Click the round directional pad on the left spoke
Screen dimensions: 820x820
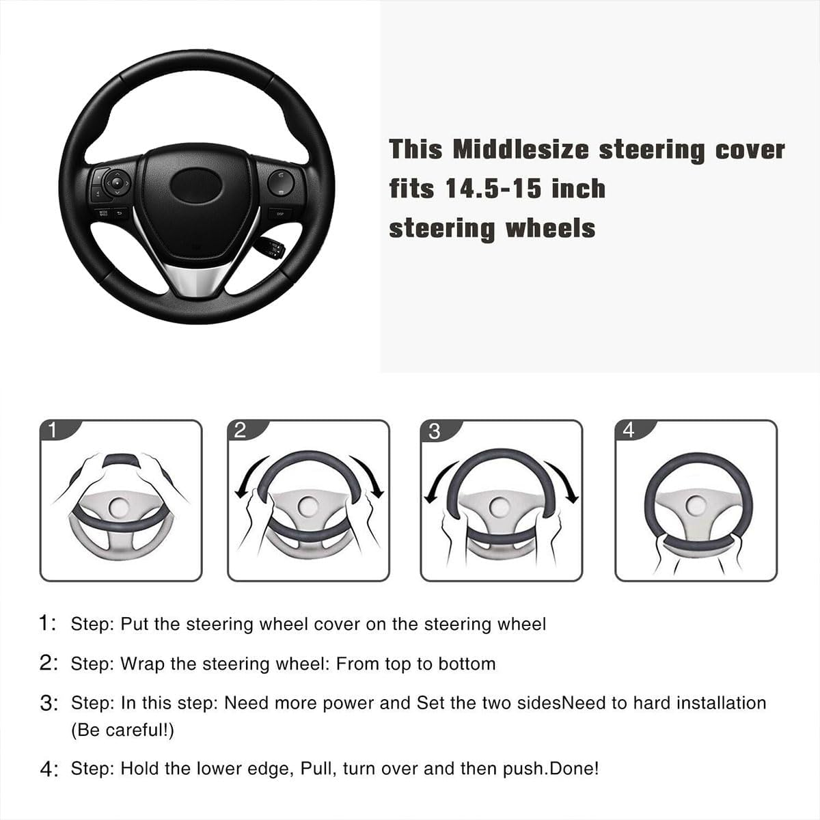[117, 182]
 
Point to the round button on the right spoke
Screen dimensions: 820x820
[280, 182]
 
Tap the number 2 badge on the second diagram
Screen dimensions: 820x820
[240, 430]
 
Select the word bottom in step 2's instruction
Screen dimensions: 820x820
[467, 664]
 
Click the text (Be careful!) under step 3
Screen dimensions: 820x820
[123, 730]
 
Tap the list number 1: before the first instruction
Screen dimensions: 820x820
[49, 624]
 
